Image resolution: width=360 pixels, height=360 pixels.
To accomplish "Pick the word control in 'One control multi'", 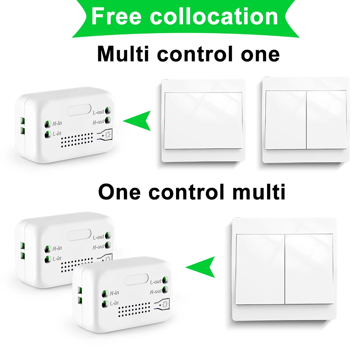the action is tap(186, 192).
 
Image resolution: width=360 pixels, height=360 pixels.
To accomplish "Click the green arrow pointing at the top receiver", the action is tap(137, 121).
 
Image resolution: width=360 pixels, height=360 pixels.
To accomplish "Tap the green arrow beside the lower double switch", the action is tap(200, 267).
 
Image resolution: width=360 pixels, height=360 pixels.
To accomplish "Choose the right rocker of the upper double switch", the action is tap(326, 120).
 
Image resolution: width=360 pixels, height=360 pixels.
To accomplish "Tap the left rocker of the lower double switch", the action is tap(260, 269).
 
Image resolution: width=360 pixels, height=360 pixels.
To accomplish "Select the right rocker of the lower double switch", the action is tap(309, 269).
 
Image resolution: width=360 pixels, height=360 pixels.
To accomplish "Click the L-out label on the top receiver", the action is tap(98, 112).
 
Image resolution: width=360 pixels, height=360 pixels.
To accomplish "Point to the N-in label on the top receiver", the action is tap(57, 123).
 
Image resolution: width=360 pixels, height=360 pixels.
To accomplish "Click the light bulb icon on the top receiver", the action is tap(108, 135).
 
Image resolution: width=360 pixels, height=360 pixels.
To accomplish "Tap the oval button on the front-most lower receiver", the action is tap(136, 279).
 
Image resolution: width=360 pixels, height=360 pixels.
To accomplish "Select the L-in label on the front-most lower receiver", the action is tap(114, 303).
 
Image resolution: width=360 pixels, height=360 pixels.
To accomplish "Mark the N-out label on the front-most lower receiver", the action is tap(156, 292).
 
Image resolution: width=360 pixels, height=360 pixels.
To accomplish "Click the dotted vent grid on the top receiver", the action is tap(77, 140).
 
